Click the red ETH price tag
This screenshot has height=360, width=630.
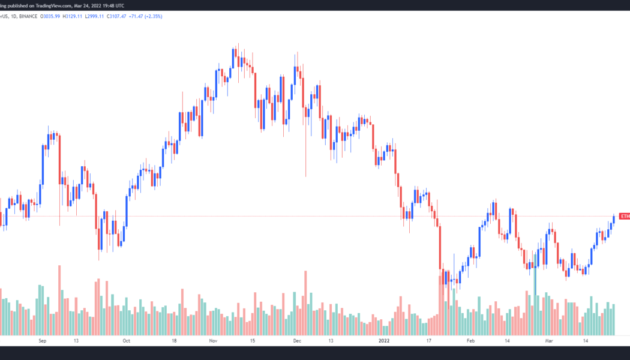coord(625,216)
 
